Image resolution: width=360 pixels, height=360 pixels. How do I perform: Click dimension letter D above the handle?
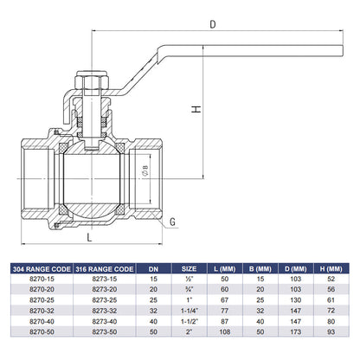coord(213,25)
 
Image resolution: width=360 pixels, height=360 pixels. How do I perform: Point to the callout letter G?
coord(172,222)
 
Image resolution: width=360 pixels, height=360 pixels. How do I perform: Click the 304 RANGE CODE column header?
coord(40,269)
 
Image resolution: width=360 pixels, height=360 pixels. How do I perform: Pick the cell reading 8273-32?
coord(102,308)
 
